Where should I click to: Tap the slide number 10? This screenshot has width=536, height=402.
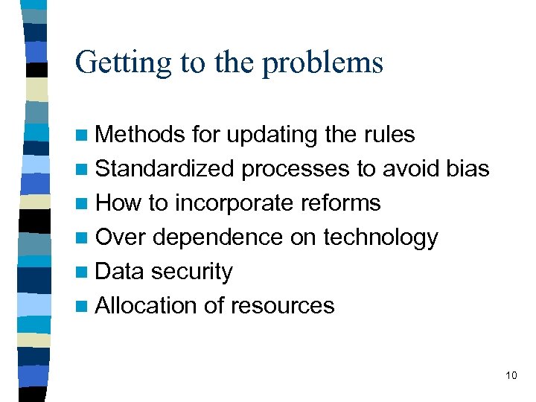(x=511, y=374)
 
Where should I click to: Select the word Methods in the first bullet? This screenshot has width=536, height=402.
(x=141, y=135)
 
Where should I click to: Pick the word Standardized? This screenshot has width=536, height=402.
(x=165, y=169)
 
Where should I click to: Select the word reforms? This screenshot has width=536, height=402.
(x=343, y=203)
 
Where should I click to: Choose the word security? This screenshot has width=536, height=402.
(x=192, y=272)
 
